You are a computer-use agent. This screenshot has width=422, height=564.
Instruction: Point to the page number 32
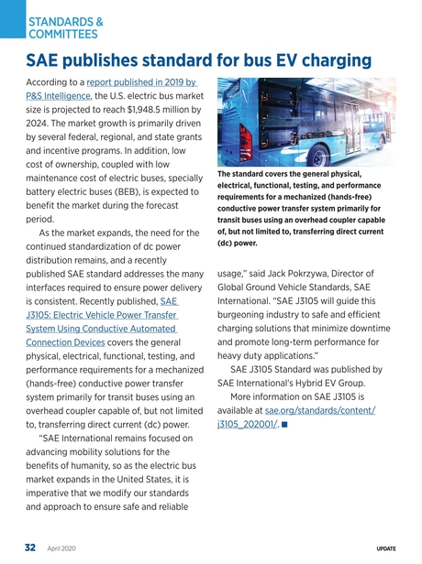tap(29, 548)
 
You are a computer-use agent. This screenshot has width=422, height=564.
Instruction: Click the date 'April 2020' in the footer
tap(61, 548)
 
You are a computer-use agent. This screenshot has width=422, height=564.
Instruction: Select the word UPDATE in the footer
tap(385, 548)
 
